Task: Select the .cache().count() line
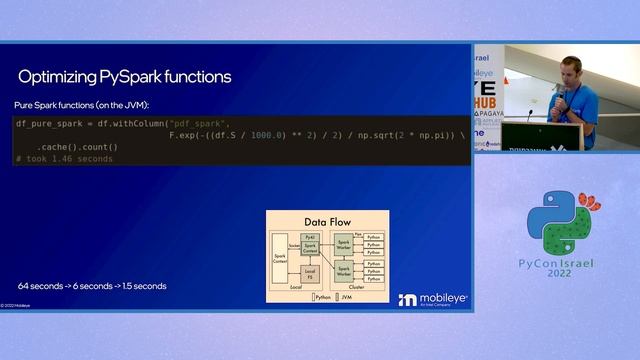pyautogui.click(x=78, y=147)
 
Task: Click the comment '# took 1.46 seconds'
pyautogui.click(x=65, y=159)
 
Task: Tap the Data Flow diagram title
pyautogui.click(x=327, y=221)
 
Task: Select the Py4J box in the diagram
pyautogui.click(x=310, y=235)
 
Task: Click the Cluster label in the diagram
pyautogui.click(x=350, y=286)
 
